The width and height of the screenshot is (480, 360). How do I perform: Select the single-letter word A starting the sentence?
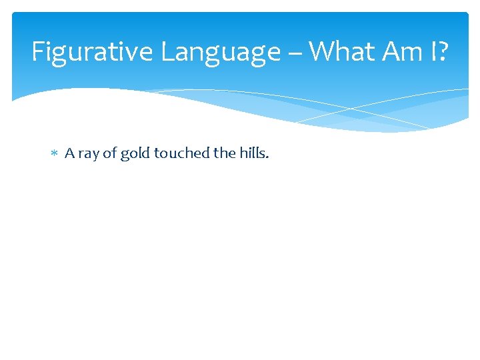69,153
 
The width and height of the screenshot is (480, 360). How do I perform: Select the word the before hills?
224,153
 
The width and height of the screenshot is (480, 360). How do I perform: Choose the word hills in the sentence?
253,153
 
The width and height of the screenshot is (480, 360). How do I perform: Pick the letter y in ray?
95,155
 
